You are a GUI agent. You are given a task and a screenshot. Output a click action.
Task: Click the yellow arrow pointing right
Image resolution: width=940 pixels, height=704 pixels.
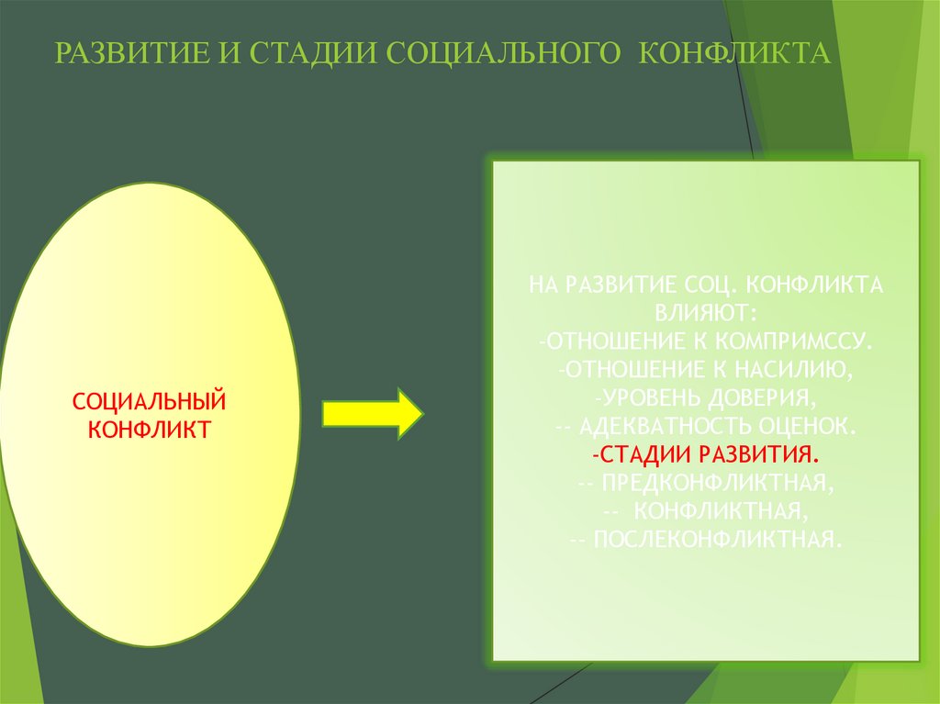point(372,414)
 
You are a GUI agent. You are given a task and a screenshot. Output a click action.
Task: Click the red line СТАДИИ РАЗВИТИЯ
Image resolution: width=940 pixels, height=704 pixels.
point(706,453)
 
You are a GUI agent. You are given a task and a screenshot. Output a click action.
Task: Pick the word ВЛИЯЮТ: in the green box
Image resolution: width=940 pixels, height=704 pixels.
point(706,312)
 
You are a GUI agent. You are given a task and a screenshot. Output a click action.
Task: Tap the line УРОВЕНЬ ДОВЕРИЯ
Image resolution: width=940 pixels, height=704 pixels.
point(706,397)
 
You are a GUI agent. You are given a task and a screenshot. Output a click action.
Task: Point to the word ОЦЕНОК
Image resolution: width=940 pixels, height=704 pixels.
point(808,426)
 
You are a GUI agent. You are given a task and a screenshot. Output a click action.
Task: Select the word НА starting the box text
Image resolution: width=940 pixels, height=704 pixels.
point(543,285)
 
